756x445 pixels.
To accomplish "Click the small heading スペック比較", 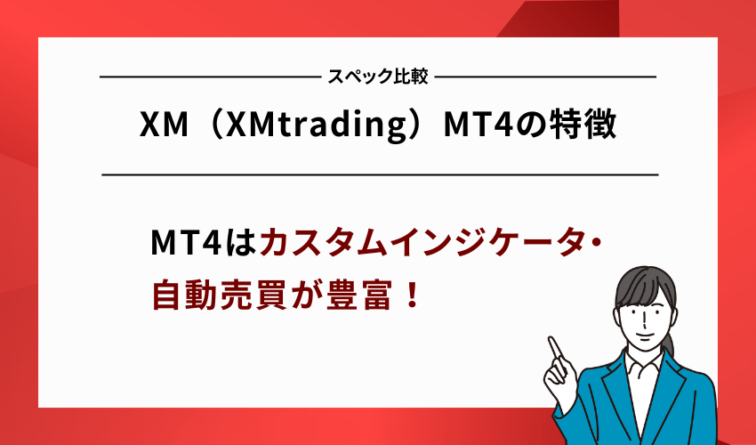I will point(378,77).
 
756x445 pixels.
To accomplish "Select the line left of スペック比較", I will point(209,77).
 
